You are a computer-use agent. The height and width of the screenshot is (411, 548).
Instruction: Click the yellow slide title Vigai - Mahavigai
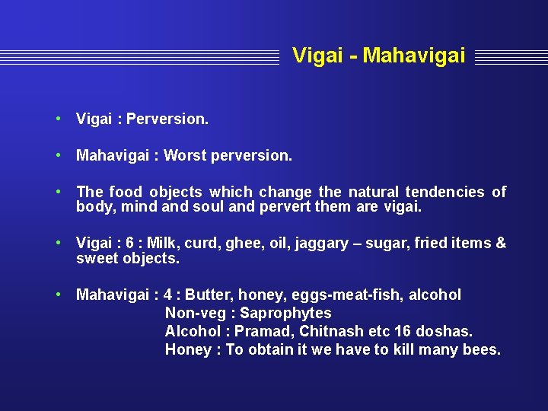point(378,56)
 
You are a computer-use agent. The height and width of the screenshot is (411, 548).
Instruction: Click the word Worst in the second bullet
point(185,155)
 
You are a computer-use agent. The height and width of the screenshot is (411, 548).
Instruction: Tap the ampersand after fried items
point(500,243)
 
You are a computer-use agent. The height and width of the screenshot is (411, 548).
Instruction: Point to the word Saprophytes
point(285,313)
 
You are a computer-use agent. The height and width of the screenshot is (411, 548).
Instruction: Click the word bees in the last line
point(481,349)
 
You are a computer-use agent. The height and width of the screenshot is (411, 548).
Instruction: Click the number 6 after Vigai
point(130,243)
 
